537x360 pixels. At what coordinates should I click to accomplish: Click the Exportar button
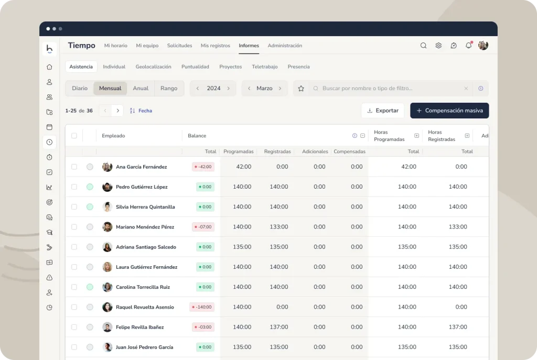tap(382, 111)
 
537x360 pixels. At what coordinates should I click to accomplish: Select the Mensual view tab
tap(110, 88)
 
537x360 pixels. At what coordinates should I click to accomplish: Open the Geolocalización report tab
tap(153, 67)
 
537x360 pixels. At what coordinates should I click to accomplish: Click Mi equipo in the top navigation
tap(147, 46)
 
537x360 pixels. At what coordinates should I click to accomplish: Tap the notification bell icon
tap(468, 45)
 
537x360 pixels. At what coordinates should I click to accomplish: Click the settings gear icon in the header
tap(438, 46)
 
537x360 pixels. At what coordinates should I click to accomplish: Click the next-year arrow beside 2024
tap(229, 88)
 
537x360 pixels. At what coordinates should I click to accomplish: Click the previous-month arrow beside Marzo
tap(249, 88)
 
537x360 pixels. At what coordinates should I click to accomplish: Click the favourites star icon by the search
tap(301, 88)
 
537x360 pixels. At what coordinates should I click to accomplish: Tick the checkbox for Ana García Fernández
tap(74, 167)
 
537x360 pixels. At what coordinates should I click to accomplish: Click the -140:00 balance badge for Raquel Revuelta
tap(202, 307)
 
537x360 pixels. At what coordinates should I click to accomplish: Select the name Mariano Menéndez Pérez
tap(145, 227)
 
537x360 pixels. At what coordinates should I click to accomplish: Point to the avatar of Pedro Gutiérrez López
tap(107, 187)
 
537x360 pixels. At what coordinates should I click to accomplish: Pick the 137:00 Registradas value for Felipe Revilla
tap(279, 327)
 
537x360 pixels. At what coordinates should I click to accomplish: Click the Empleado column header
tap(113, 136)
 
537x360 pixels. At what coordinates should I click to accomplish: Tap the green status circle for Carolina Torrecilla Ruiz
tap(90, 287)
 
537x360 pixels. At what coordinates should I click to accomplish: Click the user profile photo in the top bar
tap(483, 45)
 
